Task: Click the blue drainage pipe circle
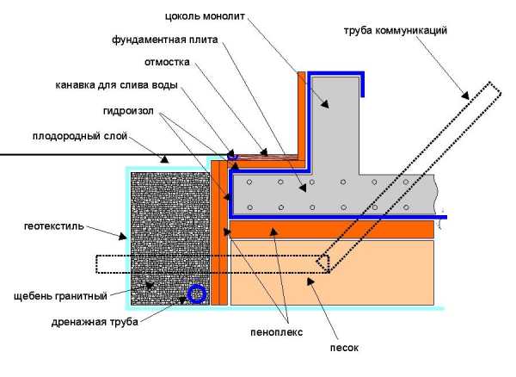197,295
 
